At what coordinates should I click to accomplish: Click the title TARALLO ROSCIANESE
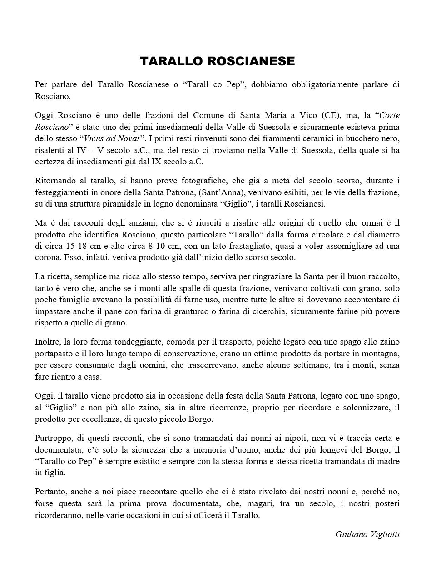[x=218, y=61]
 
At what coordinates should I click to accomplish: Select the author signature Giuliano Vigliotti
[x=367, y=534]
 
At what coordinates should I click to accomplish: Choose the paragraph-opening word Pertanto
[x=50, y=492]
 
